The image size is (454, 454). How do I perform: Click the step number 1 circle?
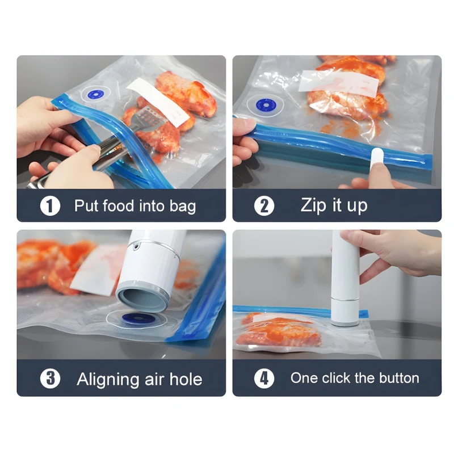tap(50, 206)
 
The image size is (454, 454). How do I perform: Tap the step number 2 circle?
tap(264, 206)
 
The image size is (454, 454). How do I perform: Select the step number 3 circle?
tap(50, 378)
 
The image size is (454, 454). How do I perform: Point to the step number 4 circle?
tap(264, 378)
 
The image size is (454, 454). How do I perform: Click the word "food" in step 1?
tap(118, 205)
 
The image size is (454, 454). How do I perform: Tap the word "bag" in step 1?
tap(183, 207)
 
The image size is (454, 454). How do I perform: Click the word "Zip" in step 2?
tap(313, 206)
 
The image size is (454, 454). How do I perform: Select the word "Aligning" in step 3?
tap(108, 380)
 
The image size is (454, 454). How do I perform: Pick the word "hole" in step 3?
tap(186, 379)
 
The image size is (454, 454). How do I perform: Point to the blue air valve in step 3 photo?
tap(139, 318)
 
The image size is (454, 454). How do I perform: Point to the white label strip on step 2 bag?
tap(338, 85)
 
